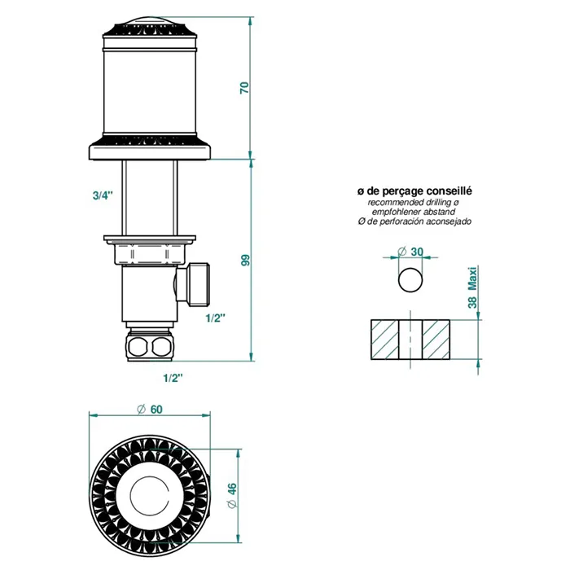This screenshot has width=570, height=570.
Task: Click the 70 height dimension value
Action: (x=244, y=88)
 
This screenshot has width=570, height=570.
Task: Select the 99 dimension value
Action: (x=246, y=260)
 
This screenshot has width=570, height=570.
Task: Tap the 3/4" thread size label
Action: (x=103, y=195)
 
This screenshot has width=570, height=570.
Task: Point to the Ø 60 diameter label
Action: (x=149, y=410)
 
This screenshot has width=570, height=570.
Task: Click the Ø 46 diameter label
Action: (x=231, y=495)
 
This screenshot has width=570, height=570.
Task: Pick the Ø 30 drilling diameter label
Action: (x=410, y=252)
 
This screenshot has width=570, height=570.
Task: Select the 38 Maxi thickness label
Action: (x=472, y=287)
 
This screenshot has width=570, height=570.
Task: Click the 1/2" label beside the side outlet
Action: (x=215, y=318)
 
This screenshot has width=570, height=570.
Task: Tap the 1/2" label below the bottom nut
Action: (x=173, y=378)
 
